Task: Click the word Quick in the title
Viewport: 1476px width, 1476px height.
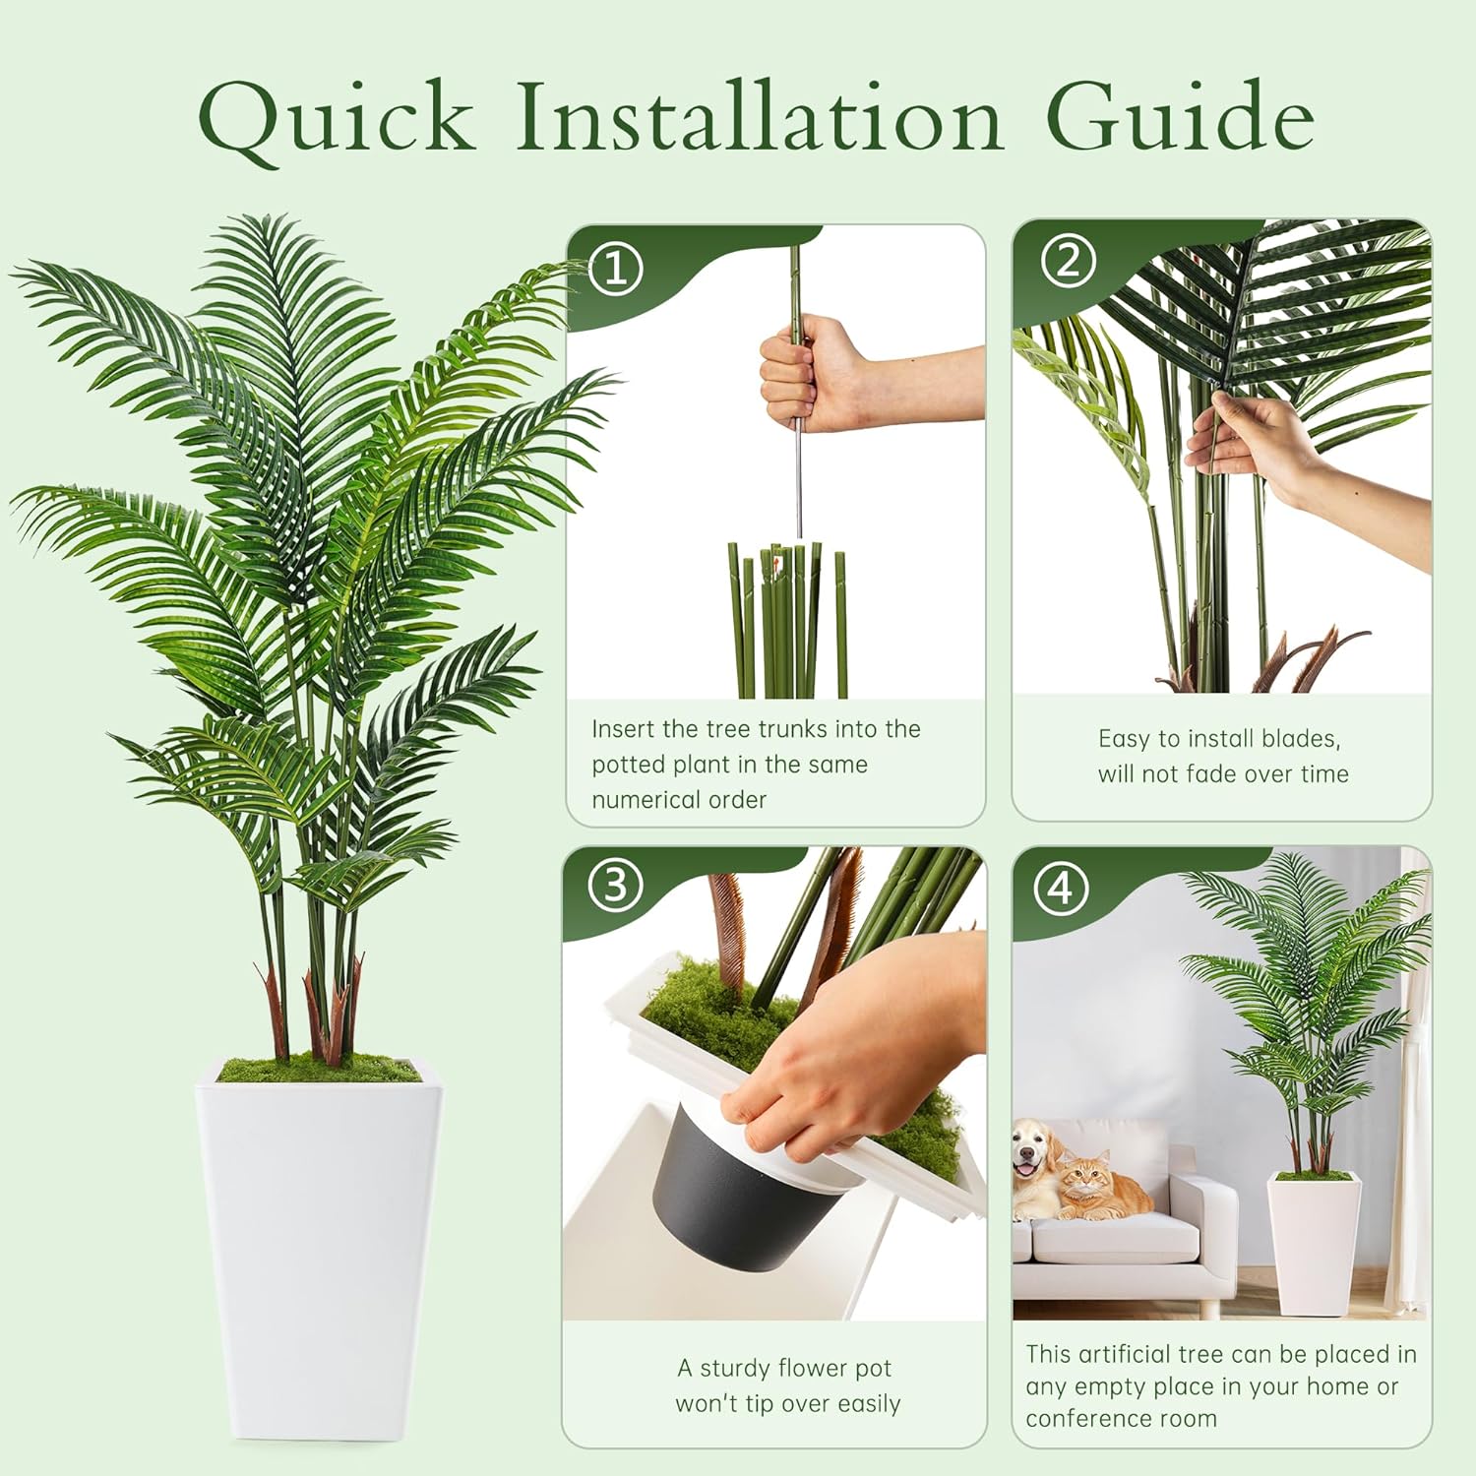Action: coord(336,120)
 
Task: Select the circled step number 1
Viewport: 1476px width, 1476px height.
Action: coord(616,268)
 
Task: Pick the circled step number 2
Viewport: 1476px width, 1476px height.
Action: coord(1068,263)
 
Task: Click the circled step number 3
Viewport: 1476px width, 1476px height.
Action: coord(615,885)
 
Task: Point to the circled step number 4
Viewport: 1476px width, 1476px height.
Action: coord(1060,889)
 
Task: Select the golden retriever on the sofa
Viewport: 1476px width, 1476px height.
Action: coord(1035,1167)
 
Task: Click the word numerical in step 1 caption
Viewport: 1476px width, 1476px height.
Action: coord(679,800)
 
